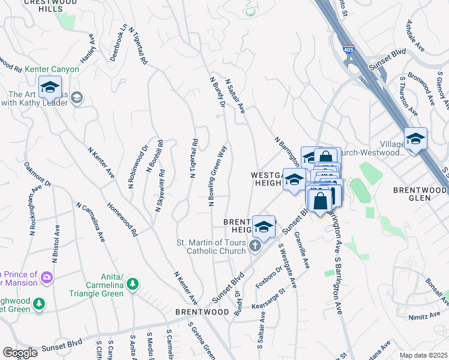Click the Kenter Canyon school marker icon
coord(50,88)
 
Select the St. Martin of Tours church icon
coord(255,246)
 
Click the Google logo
coord(20,353)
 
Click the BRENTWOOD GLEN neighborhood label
coord(420,190)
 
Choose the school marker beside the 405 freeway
coord(415,139)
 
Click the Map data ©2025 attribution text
coord(424,355)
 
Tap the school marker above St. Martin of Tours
coord(264,227)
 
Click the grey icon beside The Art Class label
coord(77,98)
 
